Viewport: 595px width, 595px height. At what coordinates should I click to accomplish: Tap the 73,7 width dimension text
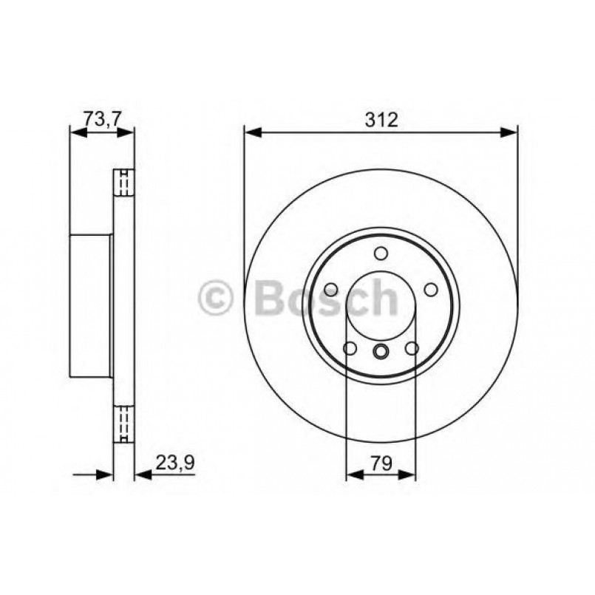102,120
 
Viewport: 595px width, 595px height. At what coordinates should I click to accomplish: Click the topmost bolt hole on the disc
381,254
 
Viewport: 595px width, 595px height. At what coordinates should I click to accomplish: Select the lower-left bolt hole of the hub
350,348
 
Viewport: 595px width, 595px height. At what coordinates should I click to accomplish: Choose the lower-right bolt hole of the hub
412,348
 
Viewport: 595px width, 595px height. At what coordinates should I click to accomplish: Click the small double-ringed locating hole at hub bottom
381,351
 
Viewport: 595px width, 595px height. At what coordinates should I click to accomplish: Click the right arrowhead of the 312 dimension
509,133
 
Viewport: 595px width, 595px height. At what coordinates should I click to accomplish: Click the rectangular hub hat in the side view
90,304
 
